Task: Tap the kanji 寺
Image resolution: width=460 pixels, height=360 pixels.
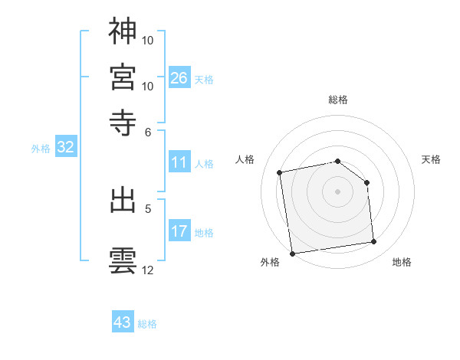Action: [123, 122]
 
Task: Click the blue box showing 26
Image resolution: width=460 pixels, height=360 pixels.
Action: [179, 78]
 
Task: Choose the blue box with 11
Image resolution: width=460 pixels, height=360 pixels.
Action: [179, 162]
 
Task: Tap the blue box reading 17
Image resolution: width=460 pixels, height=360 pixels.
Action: [179, 231]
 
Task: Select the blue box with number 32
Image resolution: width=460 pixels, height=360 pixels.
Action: [65, 148]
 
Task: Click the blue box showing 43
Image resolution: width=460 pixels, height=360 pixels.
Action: [123, 322]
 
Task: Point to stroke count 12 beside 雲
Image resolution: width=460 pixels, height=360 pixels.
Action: [148, 270]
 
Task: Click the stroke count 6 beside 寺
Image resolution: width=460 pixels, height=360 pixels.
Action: [149, 132]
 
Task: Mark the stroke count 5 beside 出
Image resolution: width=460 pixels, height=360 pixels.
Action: [149, 208]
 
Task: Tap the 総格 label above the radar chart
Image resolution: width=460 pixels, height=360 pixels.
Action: [338, 100]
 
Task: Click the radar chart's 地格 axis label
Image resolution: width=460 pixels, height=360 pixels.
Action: [402, 263]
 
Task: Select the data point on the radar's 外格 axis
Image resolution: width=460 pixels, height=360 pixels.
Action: [291, 254]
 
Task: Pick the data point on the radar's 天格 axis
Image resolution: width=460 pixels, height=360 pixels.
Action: [367, 182]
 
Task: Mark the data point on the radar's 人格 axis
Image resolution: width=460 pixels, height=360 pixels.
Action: [280, 172]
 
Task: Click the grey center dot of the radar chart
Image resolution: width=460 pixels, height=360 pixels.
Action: [338, 191]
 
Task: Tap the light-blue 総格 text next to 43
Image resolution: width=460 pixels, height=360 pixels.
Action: [147, 324]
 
